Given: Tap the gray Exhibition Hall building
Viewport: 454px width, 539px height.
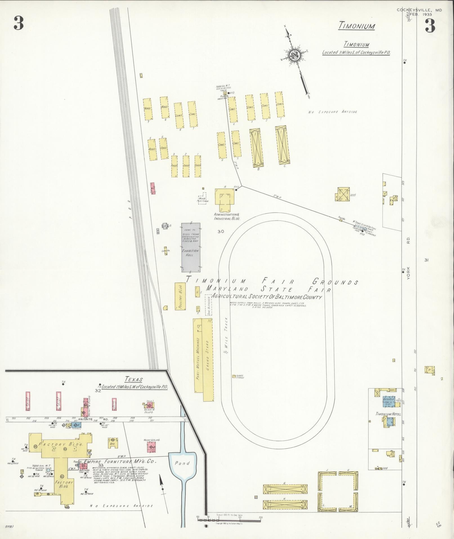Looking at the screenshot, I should pos(191,247).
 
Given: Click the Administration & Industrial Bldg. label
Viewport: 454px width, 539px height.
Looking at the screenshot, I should pos(227,216).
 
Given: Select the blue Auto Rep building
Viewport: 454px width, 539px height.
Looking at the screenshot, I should pos(389,401).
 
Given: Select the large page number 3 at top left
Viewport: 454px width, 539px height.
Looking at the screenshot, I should pos(19,24).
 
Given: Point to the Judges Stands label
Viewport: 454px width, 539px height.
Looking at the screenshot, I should pos(240,377).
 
